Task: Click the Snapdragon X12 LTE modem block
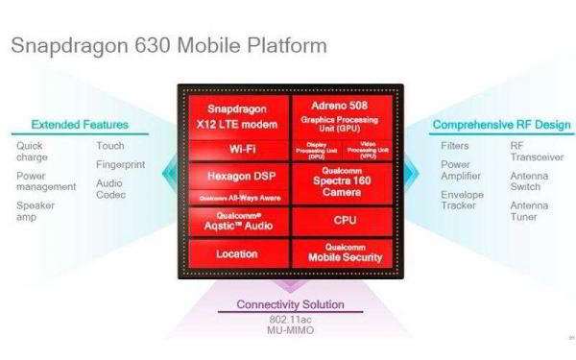click(x=236, y=115)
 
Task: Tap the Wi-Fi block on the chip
click(x=236, y=150)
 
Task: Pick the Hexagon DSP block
click(x=236, y=178)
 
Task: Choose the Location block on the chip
click(x=236, y=253)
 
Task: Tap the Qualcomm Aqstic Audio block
click(x=236, y=220)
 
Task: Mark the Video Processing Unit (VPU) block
click(x=370, y=150)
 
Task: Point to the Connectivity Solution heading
click(x=290, y=306)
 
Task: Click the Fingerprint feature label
click(x=121, y=164)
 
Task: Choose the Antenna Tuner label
click(x=530, y=212)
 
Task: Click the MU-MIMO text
click(x=289, y=331)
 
